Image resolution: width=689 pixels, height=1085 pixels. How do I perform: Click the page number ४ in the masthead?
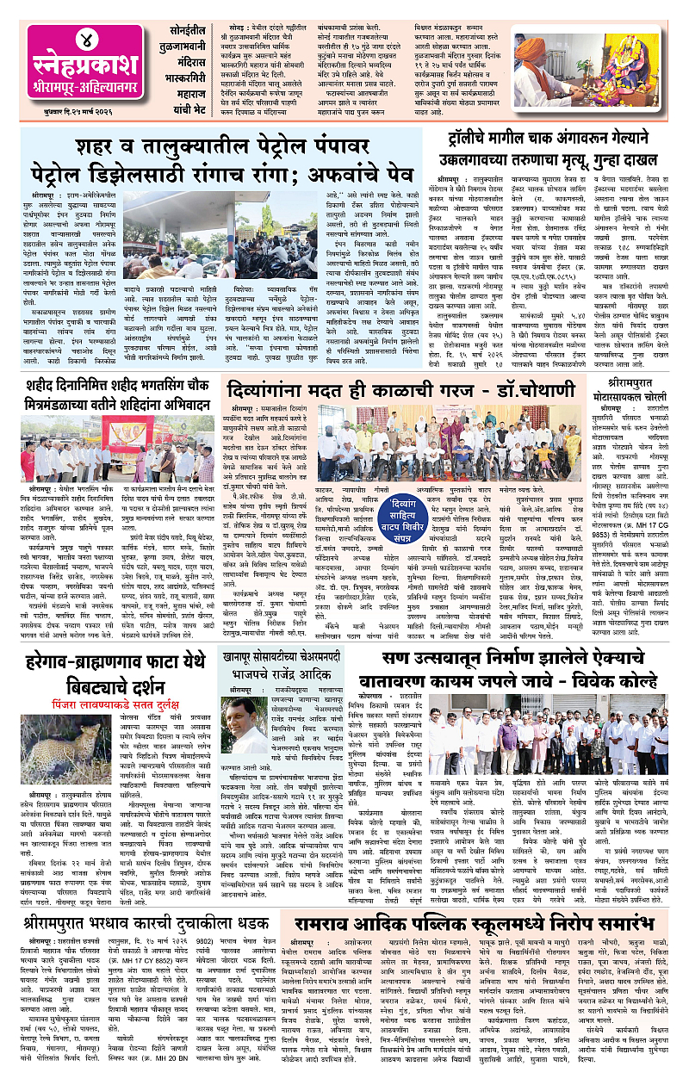click(x=71, y=40)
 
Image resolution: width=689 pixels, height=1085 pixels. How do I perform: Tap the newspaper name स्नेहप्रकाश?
click(x=71, y=67)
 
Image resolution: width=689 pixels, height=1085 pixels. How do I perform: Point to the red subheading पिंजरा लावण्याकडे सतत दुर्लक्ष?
click(x=109, y=689)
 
